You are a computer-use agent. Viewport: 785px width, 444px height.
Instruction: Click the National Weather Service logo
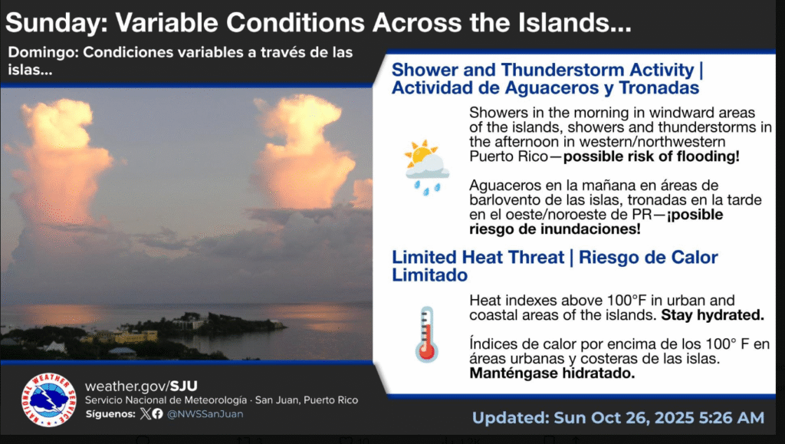pyautogui.click(x=48, y=400)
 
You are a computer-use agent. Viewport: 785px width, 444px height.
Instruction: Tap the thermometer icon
pyautogui.click(x=426, y=334)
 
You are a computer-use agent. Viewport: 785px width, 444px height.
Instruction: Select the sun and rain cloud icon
pyautogui.click(x=426, y=167)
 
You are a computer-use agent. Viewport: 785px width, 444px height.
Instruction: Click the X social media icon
pyautogui.click(x=146, y=414)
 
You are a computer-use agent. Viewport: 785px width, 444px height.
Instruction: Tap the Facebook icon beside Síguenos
pyautogui.click(x=157, y=414)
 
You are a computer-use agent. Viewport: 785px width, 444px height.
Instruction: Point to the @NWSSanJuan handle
pyautogui.click(x=205, y=414)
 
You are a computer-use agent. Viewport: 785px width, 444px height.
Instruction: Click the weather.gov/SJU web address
pyautogui.click(x=141, y=386)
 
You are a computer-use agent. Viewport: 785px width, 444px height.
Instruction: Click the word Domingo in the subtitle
pyautogui.click(x=43, y=52)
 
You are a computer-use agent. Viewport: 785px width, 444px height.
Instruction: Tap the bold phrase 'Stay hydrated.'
pyautogui.click(x=712, y=315)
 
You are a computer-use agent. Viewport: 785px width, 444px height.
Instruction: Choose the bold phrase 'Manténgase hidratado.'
pyautogui.click(x=552, y=373)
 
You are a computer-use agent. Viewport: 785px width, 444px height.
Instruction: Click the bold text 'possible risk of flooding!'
pyautogui.click(x=651, y=156)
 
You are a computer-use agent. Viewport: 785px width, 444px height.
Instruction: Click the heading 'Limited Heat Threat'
pyautogui.click(x=478, y=258)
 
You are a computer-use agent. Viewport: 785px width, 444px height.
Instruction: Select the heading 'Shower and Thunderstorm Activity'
pyautogui.click(x=543, y=70)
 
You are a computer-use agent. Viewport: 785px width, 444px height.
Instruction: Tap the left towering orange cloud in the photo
pyautogui.click(x=59, y=160)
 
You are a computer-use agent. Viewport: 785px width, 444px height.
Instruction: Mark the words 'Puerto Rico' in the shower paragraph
pyautogui.click(x=509, y=156)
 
